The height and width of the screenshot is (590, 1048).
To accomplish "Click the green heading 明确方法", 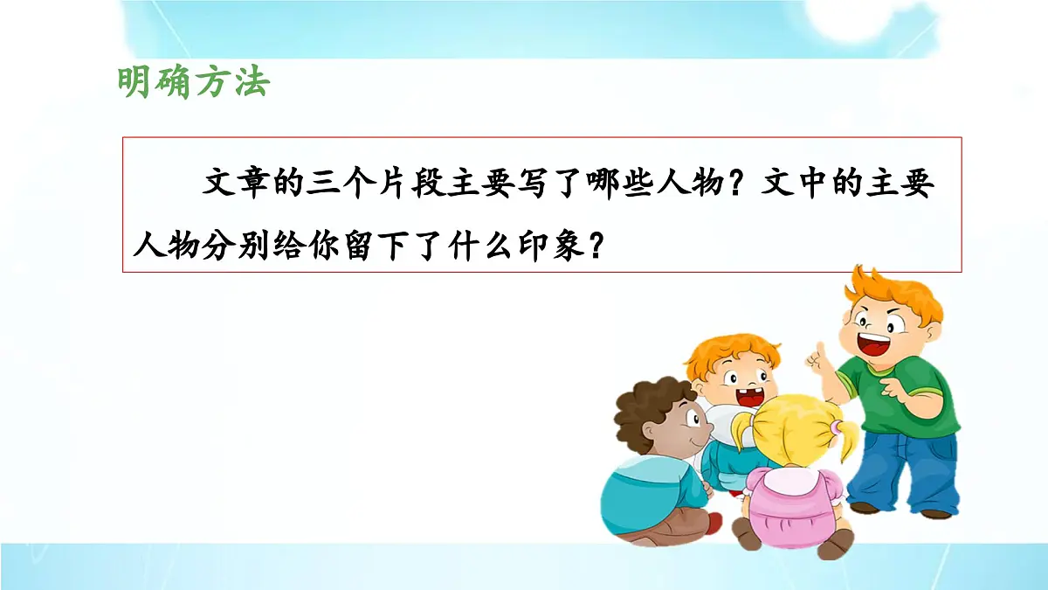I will point(194,83).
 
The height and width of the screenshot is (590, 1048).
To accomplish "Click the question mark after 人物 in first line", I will point(740,184).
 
